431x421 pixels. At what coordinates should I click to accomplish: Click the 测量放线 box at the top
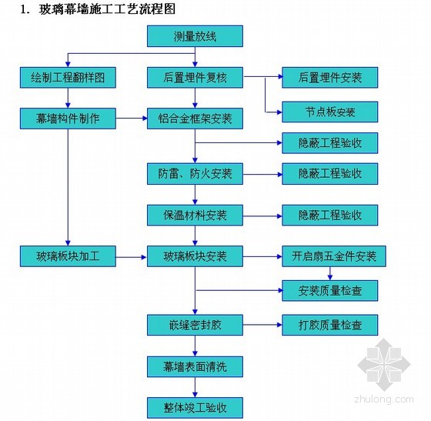point(195,36)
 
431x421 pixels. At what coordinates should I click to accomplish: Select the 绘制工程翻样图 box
point(68,78)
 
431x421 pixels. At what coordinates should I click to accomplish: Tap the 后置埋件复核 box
point(195,78)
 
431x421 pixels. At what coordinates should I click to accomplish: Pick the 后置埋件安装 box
point(330,78)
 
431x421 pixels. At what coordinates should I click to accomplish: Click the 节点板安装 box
point(330,112)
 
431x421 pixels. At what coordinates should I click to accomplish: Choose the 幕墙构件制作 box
point(68,119)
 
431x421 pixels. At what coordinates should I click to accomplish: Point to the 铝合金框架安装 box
point(195,119)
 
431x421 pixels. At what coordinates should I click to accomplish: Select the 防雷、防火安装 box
point(195,174)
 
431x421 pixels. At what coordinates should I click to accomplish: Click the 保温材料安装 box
point(195,216)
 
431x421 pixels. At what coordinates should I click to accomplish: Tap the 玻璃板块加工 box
point(68,256)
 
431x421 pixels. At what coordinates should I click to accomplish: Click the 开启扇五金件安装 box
point(334,256)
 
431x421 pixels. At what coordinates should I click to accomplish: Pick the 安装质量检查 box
point(330,291)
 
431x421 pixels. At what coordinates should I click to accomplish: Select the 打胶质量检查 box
point(330,325)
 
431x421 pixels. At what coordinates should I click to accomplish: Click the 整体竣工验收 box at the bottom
point(195,408)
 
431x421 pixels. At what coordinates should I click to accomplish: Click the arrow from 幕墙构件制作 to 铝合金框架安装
point(132,119)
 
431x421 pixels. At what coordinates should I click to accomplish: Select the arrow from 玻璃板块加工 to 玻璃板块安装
point(132,257)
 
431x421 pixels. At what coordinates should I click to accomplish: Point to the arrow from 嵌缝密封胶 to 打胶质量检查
point(262,325)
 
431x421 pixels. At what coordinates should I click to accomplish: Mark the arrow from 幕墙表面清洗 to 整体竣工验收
point(195,387)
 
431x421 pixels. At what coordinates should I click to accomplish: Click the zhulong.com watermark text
point(384,399)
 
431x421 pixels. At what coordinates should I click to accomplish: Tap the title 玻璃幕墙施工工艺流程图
point(107,9)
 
